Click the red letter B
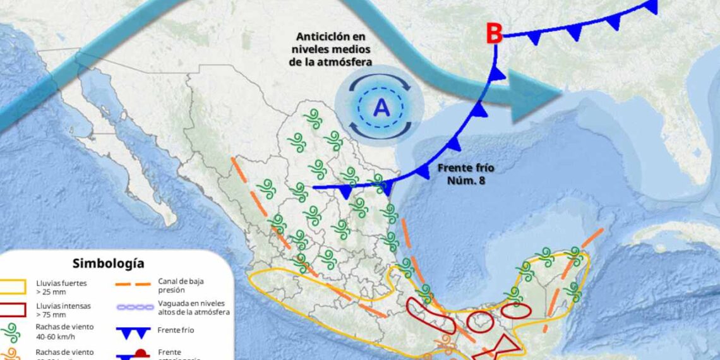click(x=493, y=34)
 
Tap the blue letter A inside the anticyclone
click(x=381, y=109)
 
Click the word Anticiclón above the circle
click(x=330, y=37)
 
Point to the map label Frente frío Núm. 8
click(x=465, y=174)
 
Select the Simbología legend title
click(x=108, y=263)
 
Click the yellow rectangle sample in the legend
click(x=13, y=287)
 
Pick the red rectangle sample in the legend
click(x=13, y=309)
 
